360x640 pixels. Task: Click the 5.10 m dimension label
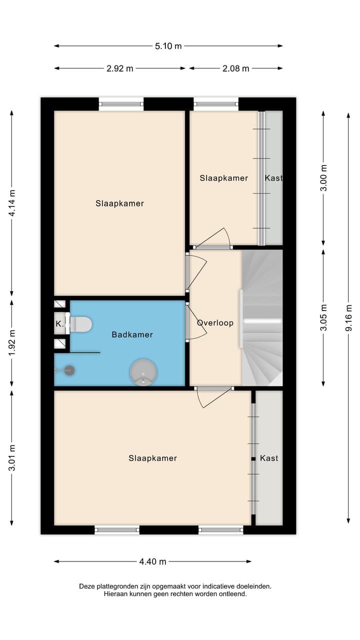click(x=168, y=46)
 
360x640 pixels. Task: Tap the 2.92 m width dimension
click(x=120, y=68)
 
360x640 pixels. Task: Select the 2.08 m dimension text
click(x=235, y=68)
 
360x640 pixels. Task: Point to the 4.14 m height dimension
click(x=12, y=202)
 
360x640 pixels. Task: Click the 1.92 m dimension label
click(x=12, y=343)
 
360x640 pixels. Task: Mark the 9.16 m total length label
click(x=348, y=317)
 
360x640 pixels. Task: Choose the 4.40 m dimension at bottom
click(x=152, y=561)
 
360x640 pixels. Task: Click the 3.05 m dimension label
click(x=323, y=317)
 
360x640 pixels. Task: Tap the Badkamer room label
click(x=132, y=334)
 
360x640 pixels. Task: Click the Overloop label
click(x=215, y=322)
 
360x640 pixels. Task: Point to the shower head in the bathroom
click(x=69, y=370)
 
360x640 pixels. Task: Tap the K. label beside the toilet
click(x=59, y=324)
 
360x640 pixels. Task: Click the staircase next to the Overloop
click(x=262, y=317)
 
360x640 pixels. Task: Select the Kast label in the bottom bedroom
click(x=269, y=458)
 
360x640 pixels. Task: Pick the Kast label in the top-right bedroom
click(x=273, y=178)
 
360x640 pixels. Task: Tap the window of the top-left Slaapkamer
click(x=121, y=104)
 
